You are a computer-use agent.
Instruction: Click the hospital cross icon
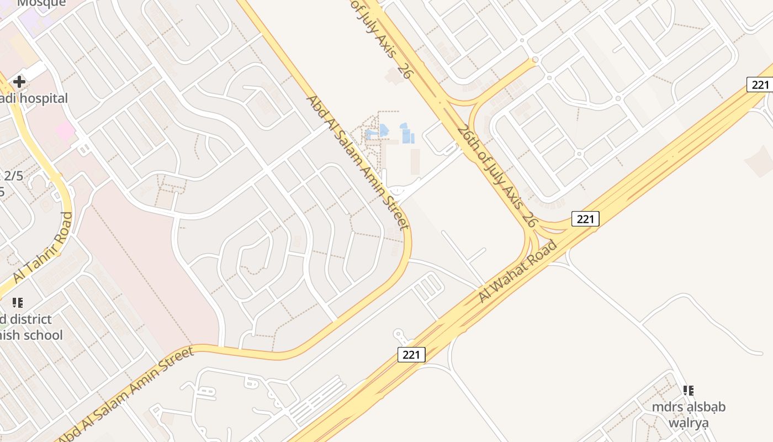click(x=19, y=82)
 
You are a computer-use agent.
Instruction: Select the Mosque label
click(x=41, y=3)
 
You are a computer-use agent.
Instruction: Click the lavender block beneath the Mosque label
click(x=36, y=22)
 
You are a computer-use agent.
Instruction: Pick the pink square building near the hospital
click(x=65, y=131)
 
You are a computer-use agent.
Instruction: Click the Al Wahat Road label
click(x=517, y=271)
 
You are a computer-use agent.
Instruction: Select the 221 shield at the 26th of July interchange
click(x=585, y=219)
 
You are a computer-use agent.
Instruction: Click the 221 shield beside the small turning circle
click(x=411, y=355)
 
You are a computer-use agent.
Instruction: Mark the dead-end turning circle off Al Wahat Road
click(x=398, y=334)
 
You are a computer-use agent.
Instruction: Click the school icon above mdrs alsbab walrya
click(x=688, y=391)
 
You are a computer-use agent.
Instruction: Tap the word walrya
click(x=688, y=423)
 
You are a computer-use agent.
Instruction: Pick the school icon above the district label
click(x=17, y=303)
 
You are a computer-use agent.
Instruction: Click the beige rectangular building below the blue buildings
click(x=415, y=161)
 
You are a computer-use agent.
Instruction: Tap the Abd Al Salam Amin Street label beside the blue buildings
click(x=357, y=162)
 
